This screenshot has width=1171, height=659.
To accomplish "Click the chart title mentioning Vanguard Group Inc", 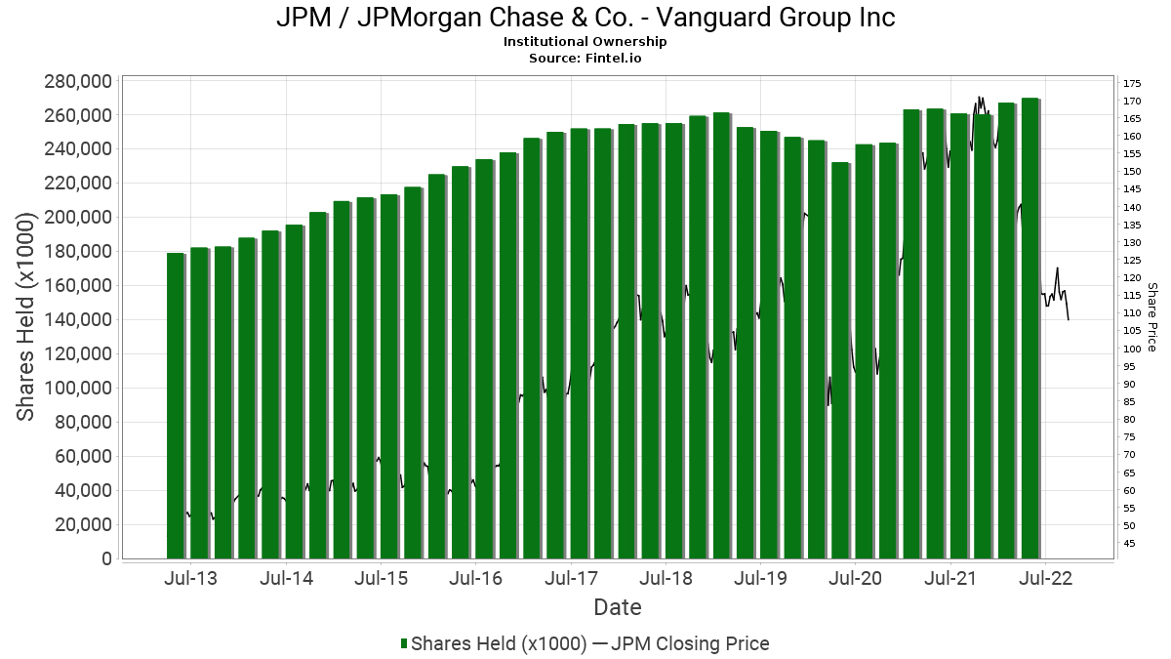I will [585, 18].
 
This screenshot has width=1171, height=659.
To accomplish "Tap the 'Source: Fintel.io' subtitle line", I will [585, 58].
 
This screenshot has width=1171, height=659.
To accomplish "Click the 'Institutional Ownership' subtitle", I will [585, 42].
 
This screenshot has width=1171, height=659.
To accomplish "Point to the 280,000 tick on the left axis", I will [78, 81].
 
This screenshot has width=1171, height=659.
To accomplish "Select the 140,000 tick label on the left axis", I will [78, 320].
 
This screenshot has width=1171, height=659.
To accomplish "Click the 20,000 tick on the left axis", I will [83, 525].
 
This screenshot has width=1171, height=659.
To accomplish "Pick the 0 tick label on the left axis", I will [106, 559].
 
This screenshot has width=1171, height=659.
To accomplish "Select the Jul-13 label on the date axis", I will [191, 578].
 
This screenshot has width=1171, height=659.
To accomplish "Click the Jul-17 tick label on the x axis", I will [572, 578].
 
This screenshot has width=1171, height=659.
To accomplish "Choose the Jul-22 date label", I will [1046, 578].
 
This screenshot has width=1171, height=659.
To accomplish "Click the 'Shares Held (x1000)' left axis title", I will [27, 319].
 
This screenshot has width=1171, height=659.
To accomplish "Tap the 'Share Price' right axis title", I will [1152, 317].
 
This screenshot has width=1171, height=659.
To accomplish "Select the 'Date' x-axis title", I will [618, 607].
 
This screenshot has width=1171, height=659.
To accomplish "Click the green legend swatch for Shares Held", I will [404, 643].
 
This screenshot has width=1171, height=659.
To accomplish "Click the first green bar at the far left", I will [176, 405].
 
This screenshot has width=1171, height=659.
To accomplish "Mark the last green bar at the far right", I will [1030, 328].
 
